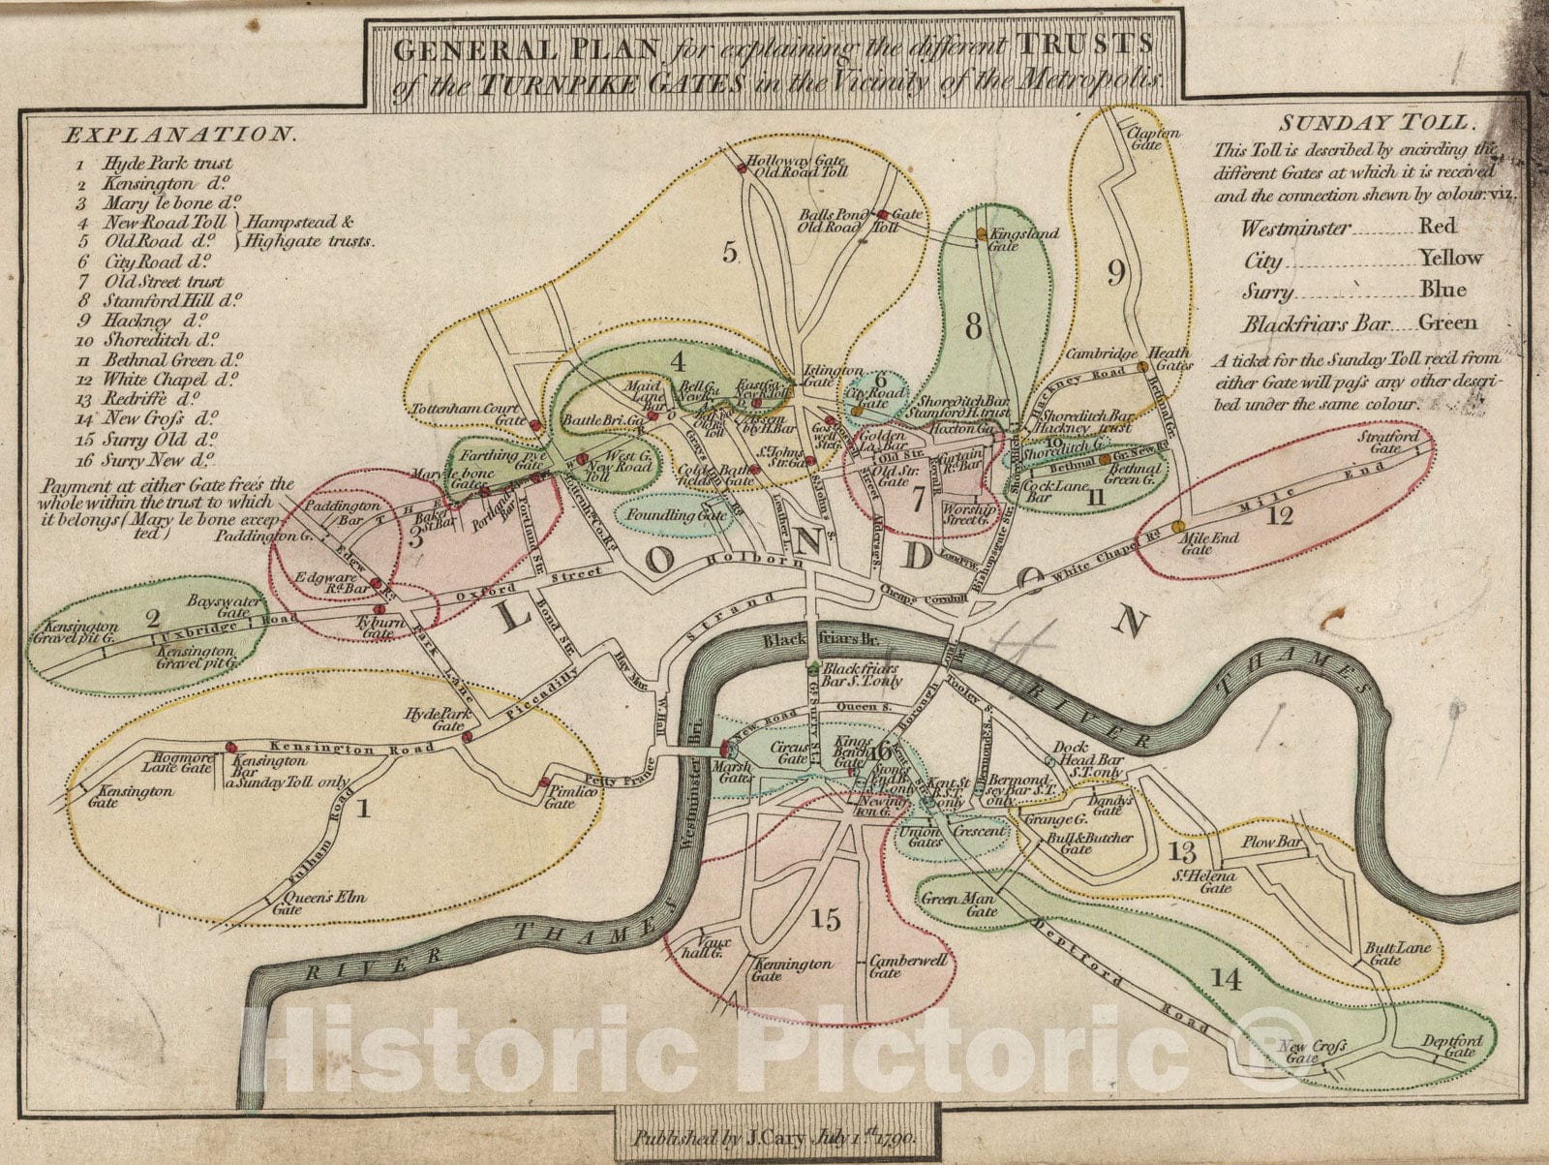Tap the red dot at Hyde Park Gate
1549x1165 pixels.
click(467, 737)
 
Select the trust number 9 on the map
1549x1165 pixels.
click(1116, 274)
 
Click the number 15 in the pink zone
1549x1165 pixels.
click(826, 919)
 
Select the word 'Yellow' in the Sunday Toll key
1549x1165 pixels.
click(1450, 258)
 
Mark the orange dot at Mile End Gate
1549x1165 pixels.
click(1177, 526)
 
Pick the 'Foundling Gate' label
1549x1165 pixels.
click(677, 516)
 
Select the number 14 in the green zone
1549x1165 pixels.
click(1225, 980)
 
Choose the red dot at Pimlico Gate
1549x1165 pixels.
click(544, 781)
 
